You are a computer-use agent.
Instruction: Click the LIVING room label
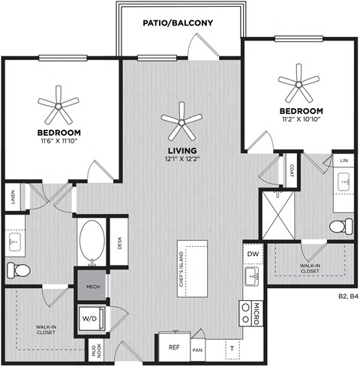point(181,150)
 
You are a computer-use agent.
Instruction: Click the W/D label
point(88,319)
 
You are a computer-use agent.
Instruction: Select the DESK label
point(119,242)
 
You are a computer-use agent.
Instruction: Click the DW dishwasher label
point(253,254)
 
